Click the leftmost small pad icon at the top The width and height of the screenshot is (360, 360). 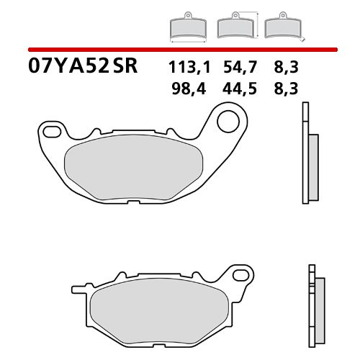coord(186,27)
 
